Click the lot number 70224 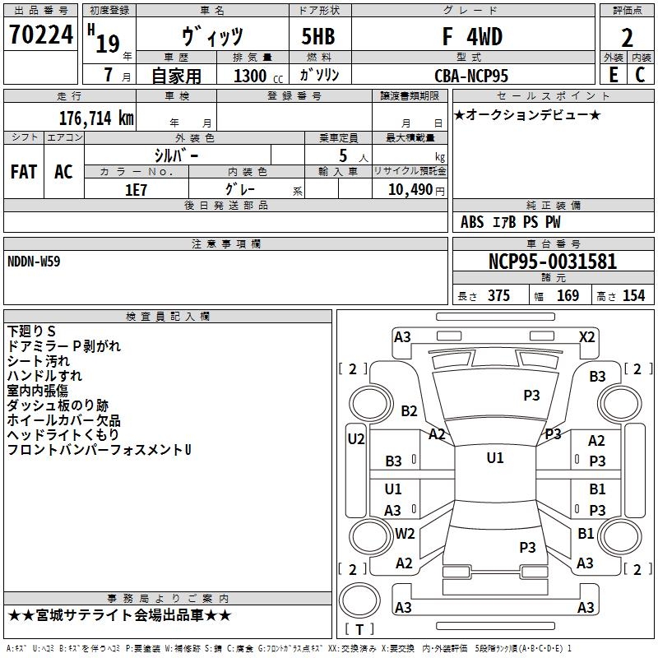click(41, 35)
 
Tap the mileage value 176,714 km click(96, 118)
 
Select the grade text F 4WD click(472, 36)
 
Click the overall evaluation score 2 click(627, 38)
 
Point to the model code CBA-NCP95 click(471, 76)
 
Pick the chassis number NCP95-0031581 click(553, 262)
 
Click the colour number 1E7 click(136, 190)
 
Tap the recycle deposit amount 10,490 click(410, 190)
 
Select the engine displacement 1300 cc click(258, 76)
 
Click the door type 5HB click(318, 36)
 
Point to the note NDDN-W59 click(34, 262)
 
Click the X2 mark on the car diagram click(586, 337)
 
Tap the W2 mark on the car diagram click(405, 533)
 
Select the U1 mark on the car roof click(495, 458)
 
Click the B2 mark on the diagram click(409, 410)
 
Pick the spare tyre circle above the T click(359, 600)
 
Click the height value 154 click(633, 295)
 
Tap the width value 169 click(568, 295)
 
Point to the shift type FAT click(24, 172)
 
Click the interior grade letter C click(640, 75)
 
